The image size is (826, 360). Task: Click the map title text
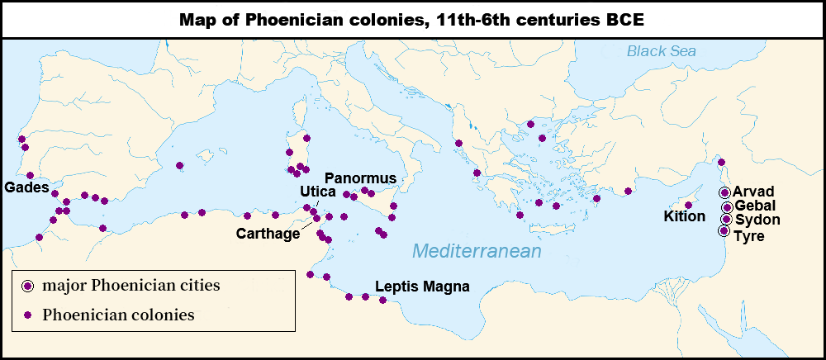pyautogui.click(x=412, y=19)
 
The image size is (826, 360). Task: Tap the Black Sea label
pyautogui.click(x=661, y=51)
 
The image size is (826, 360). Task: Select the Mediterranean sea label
pyautogui.click(x=477, y=251)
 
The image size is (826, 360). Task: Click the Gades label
pyautogui.click(x=26, y=188)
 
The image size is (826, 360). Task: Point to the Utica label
pyautogui.click(x=316, y=192)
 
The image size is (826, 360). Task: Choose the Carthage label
pyautogui.click(x=268, y=234)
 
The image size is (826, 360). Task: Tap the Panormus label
pyautogui.click(x=361, y=178)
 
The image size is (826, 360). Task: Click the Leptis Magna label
pyautogui.click(x=422, y=287)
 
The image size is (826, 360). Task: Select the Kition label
pyautogui.click(x=685, y=217)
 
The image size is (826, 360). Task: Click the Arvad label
pyautogui.click(x=752, y=192)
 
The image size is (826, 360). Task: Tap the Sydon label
pyautogui.click(x=757, y=220)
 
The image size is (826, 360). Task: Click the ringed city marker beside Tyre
pyautogui.click(x=724, y=231)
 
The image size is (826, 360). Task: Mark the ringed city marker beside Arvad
pyautogui.click(x=724, y=192)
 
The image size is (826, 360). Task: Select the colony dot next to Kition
pyautogui.click(x=688, y=205)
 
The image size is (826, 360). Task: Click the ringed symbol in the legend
pyautogui.click(x=28, y=286)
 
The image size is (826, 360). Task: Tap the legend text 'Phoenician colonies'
pyautogui.click(x=118, y=315)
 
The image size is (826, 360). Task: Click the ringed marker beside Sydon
pyautogui.click(x=725, y=219)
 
